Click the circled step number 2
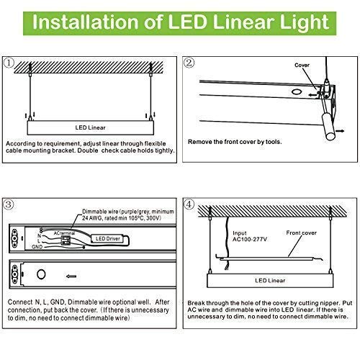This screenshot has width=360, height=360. pos(188,63)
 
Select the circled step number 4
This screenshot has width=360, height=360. pos(188,204)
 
